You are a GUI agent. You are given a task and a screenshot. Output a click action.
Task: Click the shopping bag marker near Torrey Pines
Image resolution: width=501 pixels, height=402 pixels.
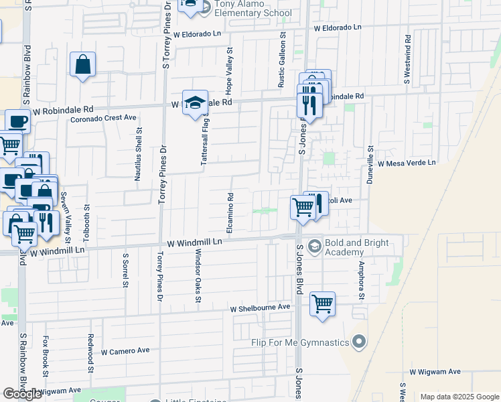pyautogui.click(x=82, y=65)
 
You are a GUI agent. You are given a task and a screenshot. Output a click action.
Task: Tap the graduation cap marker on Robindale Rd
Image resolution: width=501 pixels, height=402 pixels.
pyautogui.click(x=195, y=103)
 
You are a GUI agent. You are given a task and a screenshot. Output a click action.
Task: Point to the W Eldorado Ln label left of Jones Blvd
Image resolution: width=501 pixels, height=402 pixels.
pyautogui.click(x=197, y=33)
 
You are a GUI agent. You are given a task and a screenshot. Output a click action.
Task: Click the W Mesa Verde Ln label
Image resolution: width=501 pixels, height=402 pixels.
pyautogui.click(x=407, y=163)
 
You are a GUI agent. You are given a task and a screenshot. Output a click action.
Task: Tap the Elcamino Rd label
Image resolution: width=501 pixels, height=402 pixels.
pyautogui.click(x=230, y=214)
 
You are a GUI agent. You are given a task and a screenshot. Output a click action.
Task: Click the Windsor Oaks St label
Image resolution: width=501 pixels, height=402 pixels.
pyautogui.click(x=198, y=276)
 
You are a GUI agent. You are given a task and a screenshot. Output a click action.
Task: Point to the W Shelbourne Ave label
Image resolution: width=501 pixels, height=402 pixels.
pyautogui.click(x=260, y=308)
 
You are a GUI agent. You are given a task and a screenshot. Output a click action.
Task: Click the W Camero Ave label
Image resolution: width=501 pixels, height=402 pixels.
pyautogui.click(x=125, y=350)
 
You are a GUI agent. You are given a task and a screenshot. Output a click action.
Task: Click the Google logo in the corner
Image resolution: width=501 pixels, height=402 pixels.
pyautogui.click(x=22, y=394)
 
